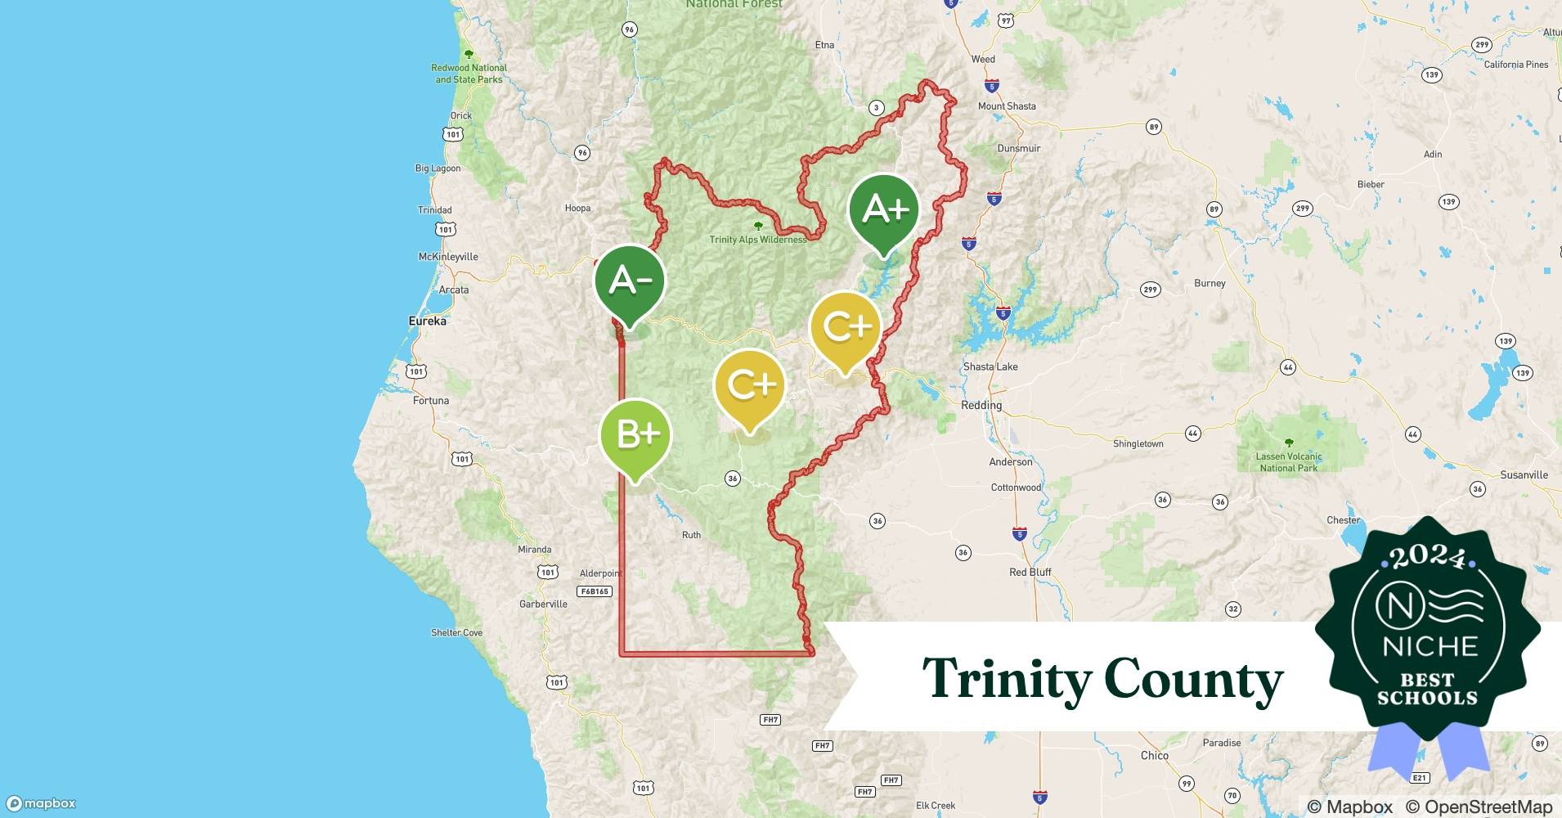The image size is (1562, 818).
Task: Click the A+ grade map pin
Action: coord(884,210)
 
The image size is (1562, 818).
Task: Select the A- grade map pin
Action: coord(630,281)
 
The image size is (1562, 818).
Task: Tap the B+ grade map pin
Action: coord(635,434)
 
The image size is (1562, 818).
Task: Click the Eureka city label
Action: coord(428,321)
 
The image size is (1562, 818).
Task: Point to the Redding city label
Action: coord(981,406)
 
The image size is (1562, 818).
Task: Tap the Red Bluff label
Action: coord(1030,573)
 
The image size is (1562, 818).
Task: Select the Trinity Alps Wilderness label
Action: coord(757,240)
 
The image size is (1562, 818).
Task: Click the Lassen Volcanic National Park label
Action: coord(1289,462)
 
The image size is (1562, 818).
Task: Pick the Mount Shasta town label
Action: coord(1007,106)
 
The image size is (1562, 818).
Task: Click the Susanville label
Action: coord(1524,475)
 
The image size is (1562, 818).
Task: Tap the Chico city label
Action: coord(1154,756)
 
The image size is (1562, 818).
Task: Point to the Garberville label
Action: coord(543,605)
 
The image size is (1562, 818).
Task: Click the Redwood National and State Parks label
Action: coord(469,74)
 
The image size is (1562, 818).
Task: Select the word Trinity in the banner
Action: coord(1006,678)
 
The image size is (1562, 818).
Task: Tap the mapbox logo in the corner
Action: coord(43,803)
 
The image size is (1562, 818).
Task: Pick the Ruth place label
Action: coord(691,535)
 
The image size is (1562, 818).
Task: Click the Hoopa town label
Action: coord(577,209)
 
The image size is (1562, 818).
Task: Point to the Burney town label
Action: coord(1210,284)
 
